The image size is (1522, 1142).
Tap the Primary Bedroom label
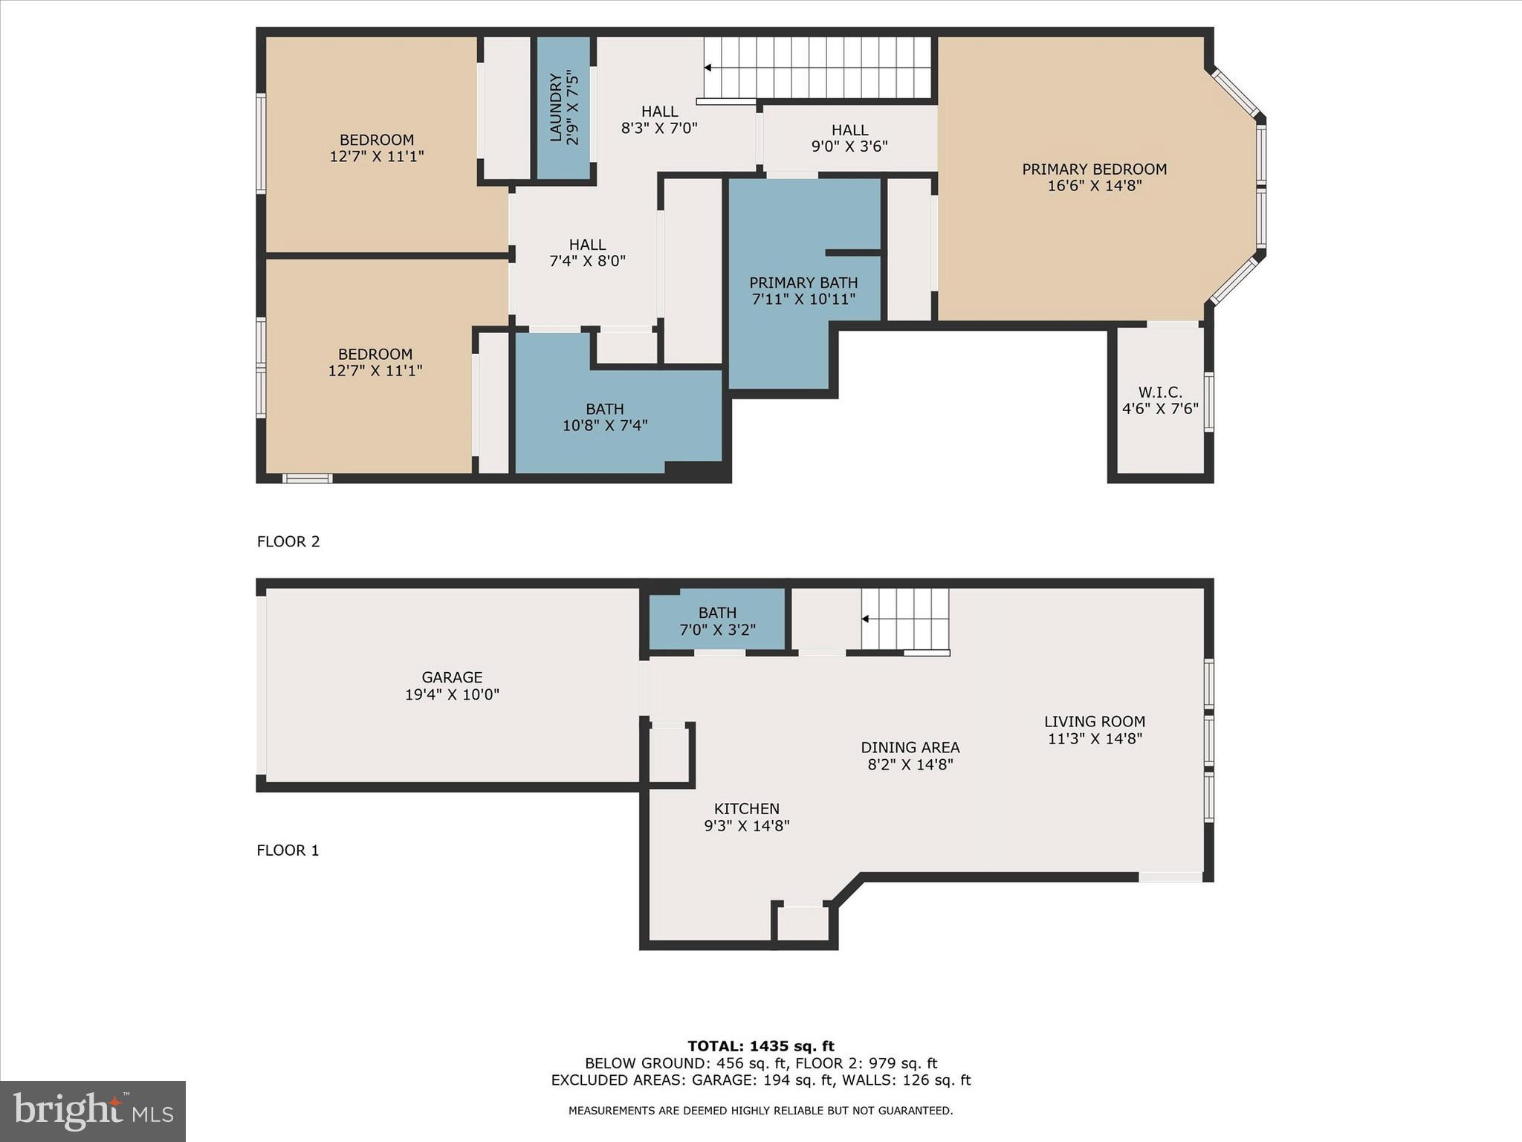[x=1094, y=170]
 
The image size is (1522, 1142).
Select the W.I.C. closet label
[x=1159, y=393]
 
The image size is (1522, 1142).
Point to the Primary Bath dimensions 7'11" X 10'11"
[x=803, y=300]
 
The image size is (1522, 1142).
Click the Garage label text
[x=452, y=677]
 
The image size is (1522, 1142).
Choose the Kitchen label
[x=746, y=809]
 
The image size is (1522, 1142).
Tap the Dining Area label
[x=910, y=748]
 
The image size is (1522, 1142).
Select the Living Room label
[x=1094, y=722]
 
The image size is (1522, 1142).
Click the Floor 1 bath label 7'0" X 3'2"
[x=717, y=630]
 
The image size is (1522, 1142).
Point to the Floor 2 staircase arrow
[x=707, y=68]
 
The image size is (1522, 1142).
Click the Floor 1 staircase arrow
[x=865, y=619]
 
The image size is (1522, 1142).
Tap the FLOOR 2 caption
[x=288, y=542]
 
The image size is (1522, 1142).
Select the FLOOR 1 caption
[x=288, y=851]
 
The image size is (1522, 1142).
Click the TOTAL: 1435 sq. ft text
[x=760, y=1047]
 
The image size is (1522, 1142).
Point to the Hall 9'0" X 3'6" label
[x=849, y=138]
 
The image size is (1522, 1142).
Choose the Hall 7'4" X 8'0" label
[x=587, y=253]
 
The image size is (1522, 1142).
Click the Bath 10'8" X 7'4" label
[x=604, y=417]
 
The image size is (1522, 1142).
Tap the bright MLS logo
[x=93, y=1111]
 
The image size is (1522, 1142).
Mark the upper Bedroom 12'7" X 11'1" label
[x=377, y=148]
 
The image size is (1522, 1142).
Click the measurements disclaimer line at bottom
[x=760, y=1111]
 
